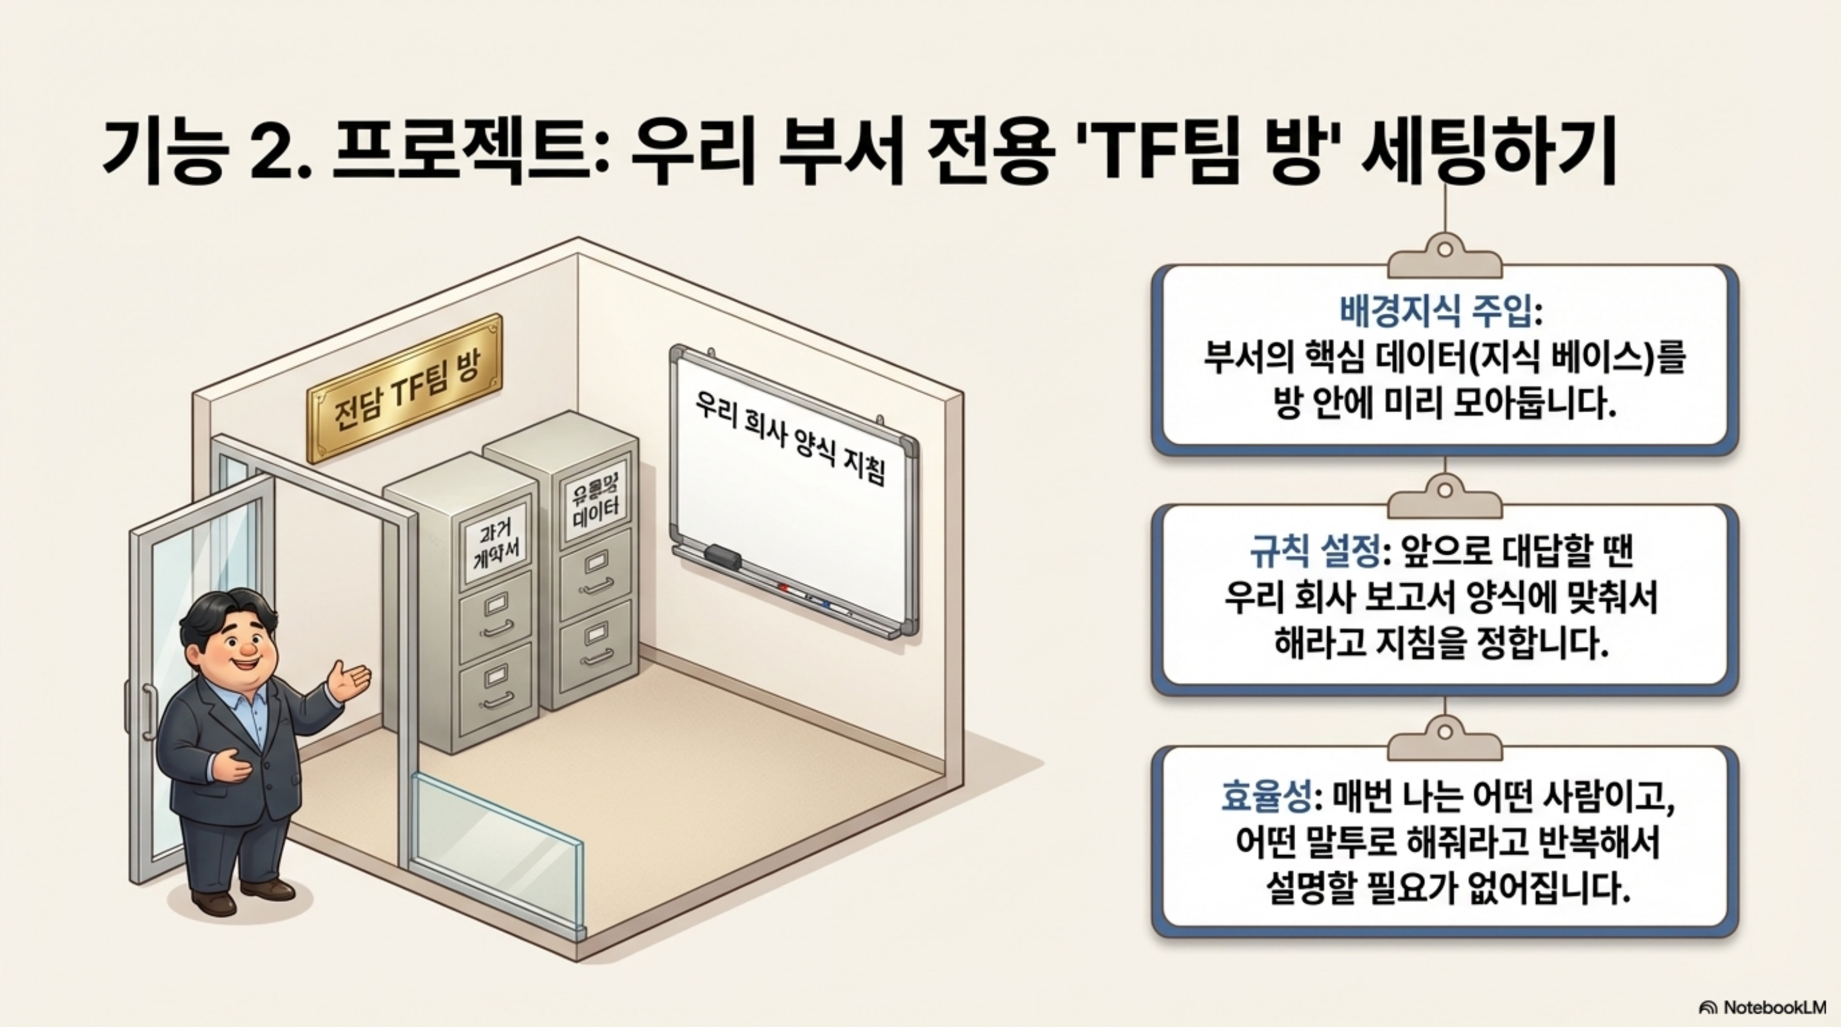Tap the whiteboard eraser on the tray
click(722, 557)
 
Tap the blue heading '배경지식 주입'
click(1435, 310)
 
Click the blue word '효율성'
click(1265, 797)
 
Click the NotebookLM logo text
click(1772, 1007)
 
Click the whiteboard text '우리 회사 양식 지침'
click(790, 437)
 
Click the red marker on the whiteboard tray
click(783, 588)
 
